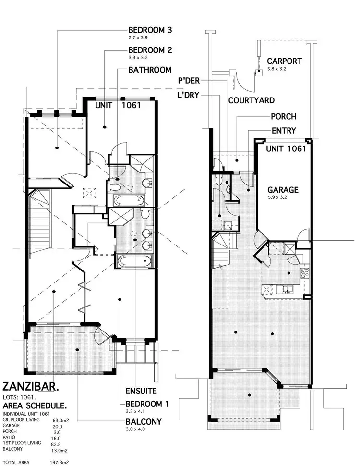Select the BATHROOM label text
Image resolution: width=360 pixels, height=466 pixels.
[150, 70]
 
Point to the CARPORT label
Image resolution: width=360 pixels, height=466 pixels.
[285, 61]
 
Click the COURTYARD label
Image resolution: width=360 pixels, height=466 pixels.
[252, 100]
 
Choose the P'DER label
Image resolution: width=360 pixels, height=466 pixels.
[189, 81]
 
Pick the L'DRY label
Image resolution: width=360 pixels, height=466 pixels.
[188, 95]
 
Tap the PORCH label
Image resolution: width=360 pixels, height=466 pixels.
[283, 116]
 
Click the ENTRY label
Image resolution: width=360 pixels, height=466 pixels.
[284, 130]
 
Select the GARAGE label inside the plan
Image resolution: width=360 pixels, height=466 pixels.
[283, 190]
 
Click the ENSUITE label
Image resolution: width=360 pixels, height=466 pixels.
[141, 391]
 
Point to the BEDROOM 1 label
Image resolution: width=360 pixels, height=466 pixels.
[147, 404]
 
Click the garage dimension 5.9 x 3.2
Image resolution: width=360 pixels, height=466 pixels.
[276, 197]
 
